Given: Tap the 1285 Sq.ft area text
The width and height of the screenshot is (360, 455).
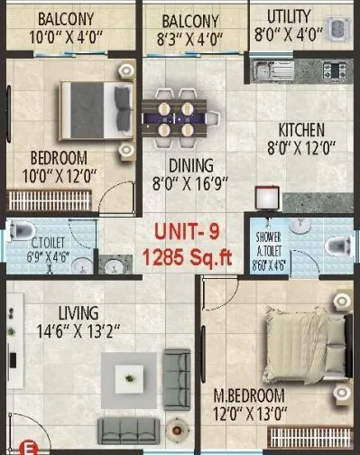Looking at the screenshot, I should (x=188, y=258).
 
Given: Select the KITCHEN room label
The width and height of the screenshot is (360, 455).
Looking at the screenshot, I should (x=301, y=129).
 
